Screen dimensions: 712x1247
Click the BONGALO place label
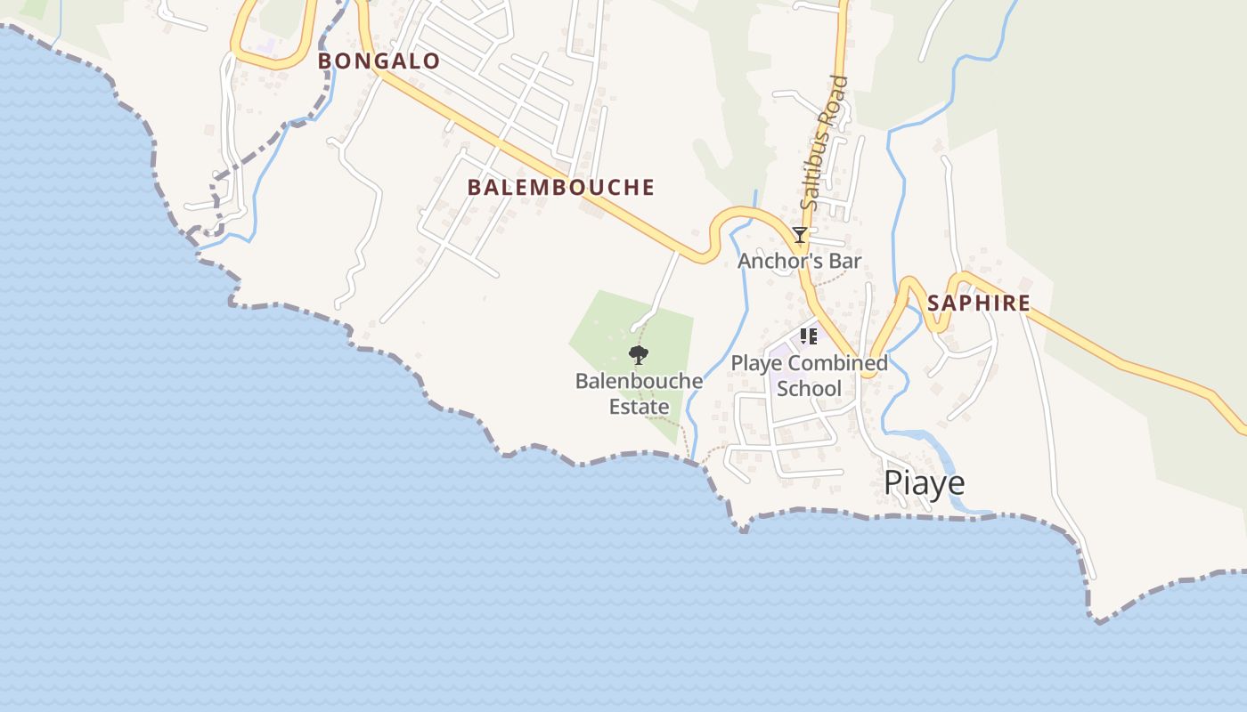click(x=379, y=61)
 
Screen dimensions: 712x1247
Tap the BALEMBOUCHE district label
click(x=561, y=187)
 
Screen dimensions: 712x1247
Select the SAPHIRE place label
click(x=978, y=303)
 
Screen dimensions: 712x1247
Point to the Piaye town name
click(x=924, y=482)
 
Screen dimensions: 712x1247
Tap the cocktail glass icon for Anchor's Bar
click(x=800, y=235)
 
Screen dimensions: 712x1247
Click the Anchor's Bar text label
click(x=799, y=261)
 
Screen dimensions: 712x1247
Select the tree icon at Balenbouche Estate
click(x=638, y=356)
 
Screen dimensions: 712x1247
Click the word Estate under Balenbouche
click(x=639, y=407)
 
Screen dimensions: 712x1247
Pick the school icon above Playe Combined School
click(x=808, y=336)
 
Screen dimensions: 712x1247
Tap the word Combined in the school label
click(x=837, y=363)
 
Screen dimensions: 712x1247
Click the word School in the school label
click(x=809, y=388)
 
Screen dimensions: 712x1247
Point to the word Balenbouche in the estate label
click(x=639, y=382)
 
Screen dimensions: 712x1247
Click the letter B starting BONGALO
click(x=325, y=61)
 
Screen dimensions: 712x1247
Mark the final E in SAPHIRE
click(x=1023, y=303)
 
